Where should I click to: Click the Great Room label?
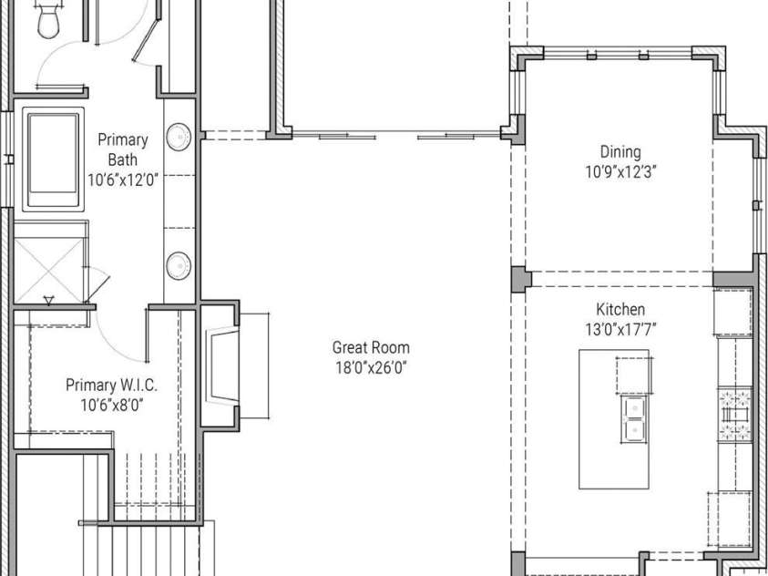pyautogui.click(x=371, y=347)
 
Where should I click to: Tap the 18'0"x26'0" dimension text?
pyautogui.click(x=371, y=367)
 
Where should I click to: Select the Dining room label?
pyautogui.click(x=620, y=152)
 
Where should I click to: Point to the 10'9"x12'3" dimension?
pyautogui.click(x=620, y=172)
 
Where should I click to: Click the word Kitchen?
pyautogui.click(x=620, y=309)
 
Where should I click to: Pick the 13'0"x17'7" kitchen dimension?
pyautogui.click(x=620, y=329)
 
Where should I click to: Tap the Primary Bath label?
pyautogui.click(x=122, y=149)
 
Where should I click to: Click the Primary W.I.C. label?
pyautogui.click(x=112, y=385)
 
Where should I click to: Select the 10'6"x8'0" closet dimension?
pyautogui.click(x=112, y=405)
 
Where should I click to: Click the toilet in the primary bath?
pyautogui.click(x=48, y=18)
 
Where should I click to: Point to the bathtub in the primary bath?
pyautogui.click(x=53, y=159)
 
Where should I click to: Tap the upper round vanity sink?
pyautogui.click(x=179, y=137)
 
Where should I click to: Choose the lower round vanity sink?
pyautogui.click(x=179, y=266)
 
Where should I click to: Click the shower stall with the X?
pyautogui.click(x=49, y=271)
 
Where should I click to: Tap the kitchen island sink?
pyautogui.click(x=635, y=419)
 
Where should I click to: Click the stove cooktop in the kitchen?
pyautogui.click(x=734, y=415)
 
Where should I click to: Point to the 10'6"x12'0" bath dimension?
pyautogui.click(x=123, y=180)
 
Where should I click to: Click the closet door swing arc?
pyautogui.click(x=114, y=345)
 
